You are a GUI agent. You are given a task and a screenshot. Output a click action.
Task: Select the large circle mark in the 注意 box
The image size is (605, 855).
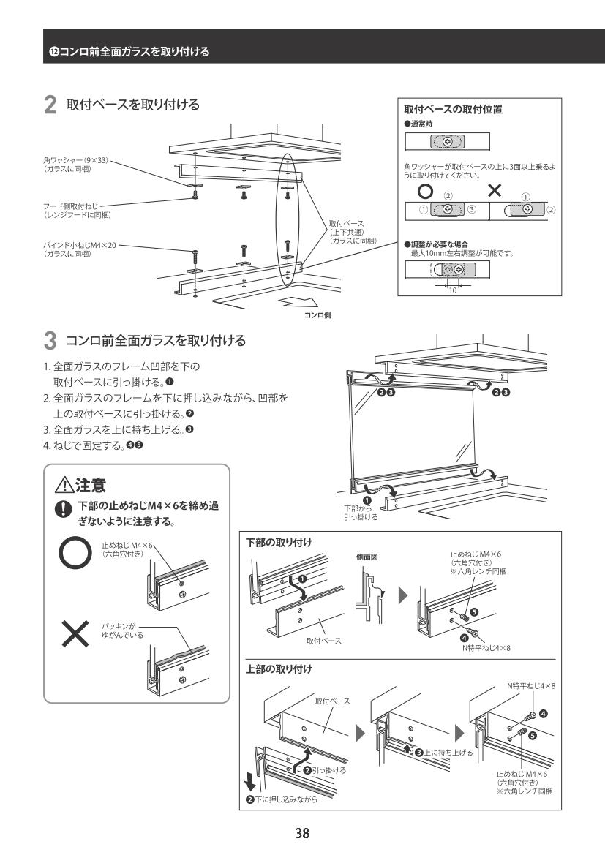coord(74,555)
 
